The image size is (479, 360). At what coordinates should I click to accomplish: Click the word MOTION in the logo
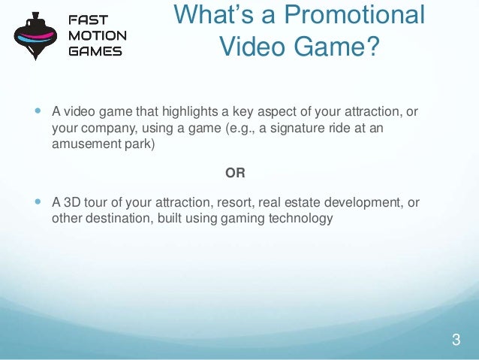click(x=98, y=36)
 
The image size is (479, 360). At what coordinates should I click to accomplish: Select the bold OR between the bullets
click(x=235, y=173)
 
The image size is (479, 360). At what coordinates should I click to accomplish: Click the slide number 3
click(x=455, y=340)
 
